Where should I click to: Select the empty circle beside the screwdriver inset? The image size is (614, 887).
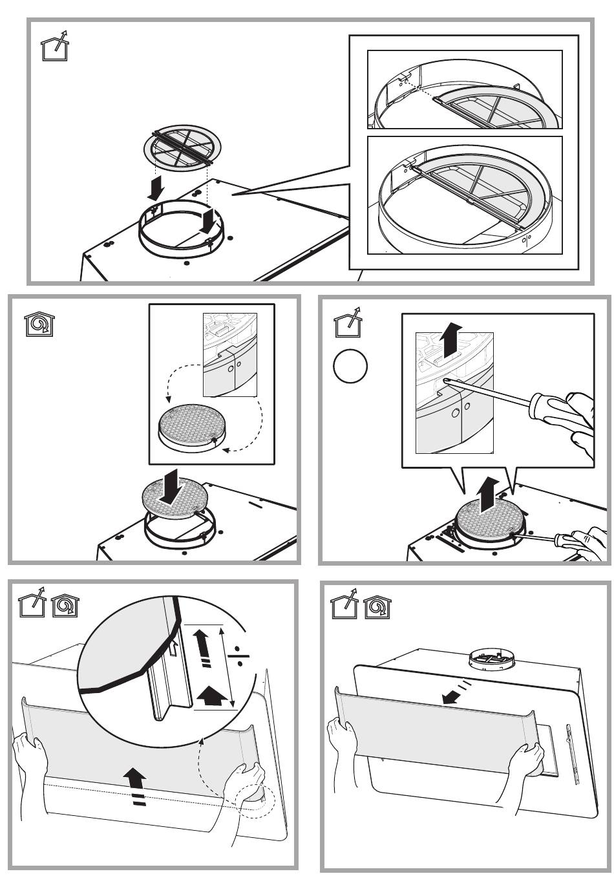350,367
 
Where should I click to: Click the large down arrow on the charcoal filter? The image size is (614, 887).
171,490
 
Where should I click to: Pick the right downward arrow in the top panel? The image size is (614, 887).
208,220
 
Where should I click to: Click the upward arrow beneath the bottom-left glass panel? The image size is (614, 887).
135,783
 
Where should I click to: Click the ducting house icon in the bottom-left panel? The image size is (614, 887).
30,607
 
